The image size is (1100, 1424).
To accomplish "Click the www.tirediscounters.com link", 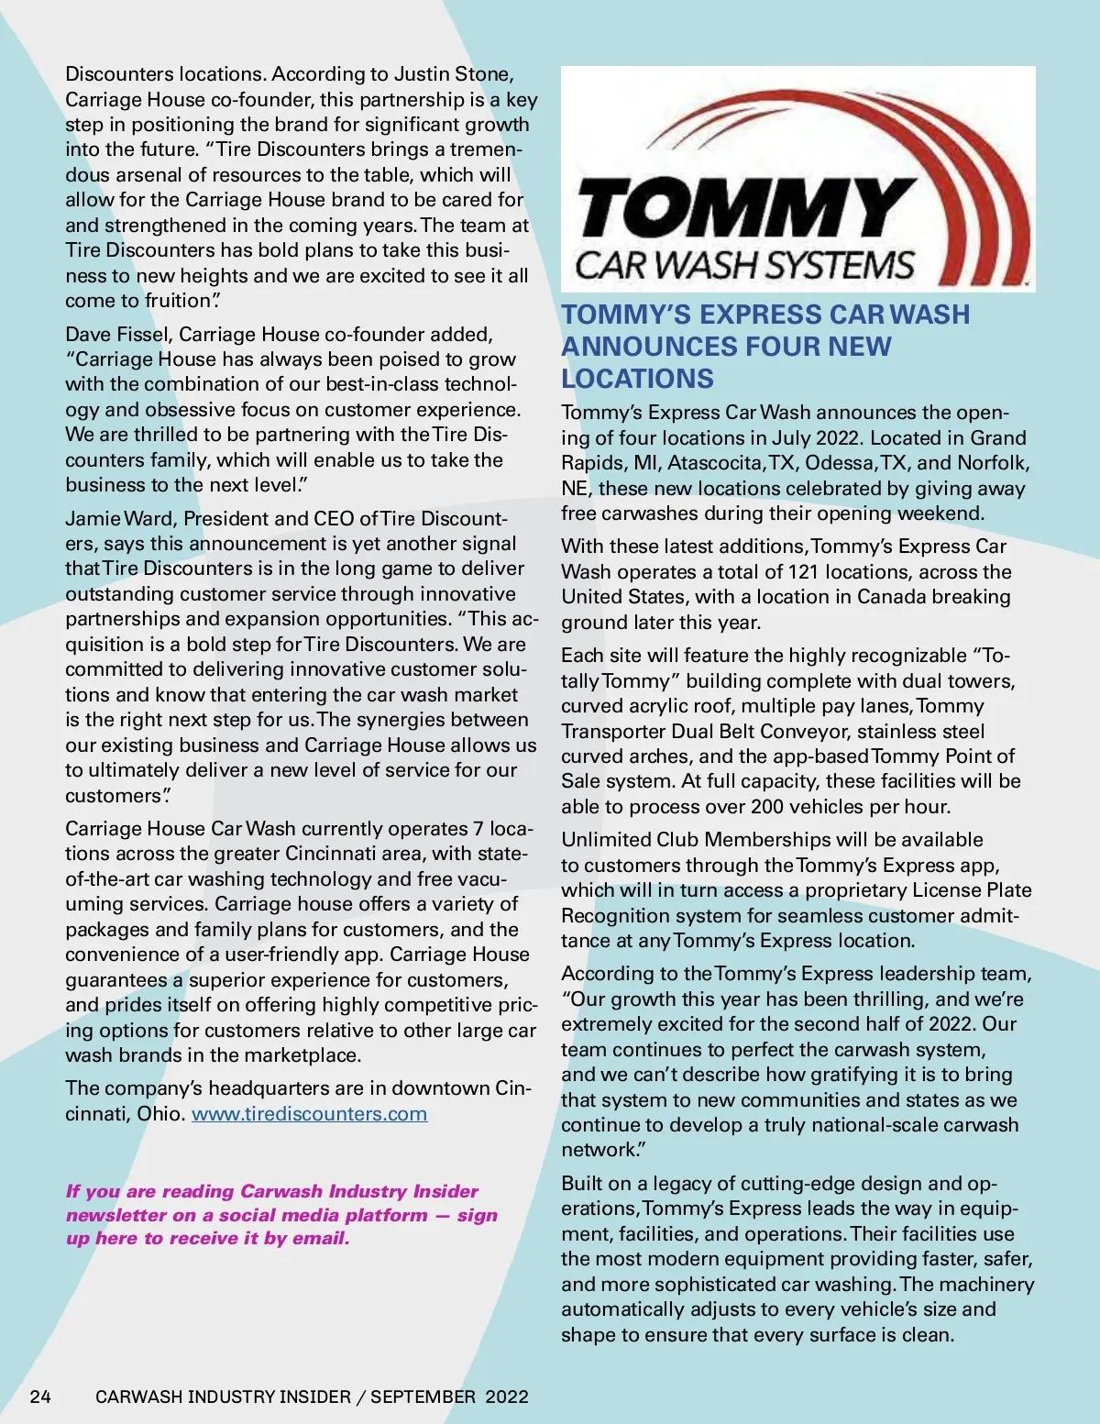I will point(309,1114).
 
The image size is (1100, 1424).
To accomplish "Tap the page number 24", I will point(40,1396).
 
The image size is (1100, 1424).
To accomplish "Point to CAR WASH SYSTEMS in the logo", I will point(744,265).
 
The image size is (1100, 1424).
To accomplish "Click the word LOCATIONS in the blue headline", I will point(637,379).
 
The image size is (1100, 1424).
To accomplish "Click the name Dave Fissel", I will point(116,334).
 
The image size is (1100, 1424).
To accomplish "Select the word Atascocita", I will point(716,463).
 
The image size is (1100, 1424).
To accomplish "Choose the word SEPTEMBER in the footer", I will point(423,1396).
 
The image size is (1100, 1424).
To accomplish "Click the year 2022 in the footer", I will point(507,1396).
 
